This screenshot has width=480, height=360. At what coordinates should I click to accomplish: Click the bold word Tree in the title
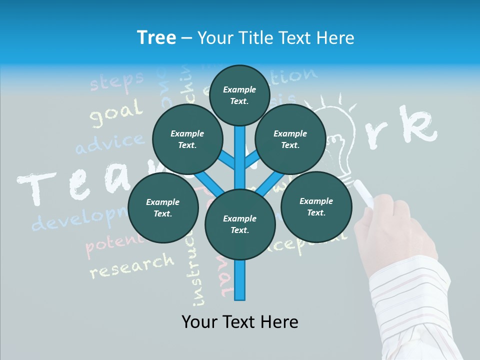(156, 38)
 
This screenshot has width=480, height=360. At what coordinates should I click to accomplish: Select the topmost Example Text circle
(239, 95)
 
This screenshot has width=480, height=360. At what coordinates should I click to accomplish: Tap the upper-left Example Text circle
(187, 139)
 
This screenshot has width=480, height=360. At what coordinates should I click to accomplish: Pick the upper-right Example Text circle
(290, 139)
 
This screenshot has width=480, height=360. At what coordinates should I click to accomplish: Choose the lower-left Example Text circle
(162, 207)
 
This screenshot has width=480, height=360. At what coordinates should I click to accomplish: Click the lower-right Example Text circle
(316, 206)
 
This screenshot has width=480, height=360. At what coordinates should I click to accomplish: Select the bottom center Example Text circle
(239, 224)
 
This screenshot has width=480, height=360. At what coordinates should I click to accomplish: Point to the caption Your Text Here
(239, 322)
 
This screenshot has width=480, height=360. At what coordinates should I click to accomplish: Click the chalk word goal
(116, 113)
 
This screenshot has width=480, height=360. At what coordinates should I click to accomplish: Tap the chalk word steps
(117, 80)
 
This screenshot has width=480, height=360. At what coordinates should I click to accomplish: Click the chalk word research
(132, 265)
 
